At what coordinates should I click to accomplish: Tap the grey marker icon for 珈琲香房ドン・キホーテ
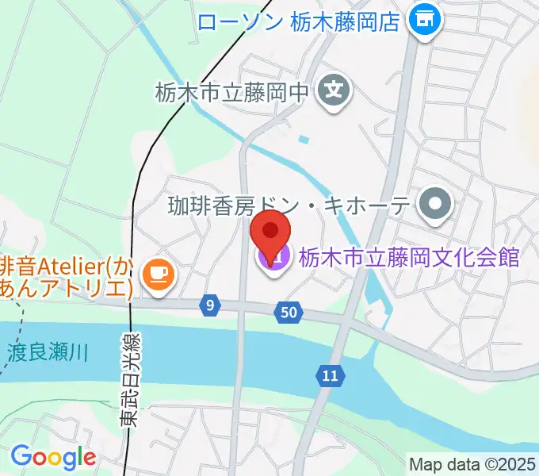click(x=435, y=206)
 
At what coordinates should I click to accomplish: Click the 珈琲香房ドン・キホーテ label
click(x=289, y=206)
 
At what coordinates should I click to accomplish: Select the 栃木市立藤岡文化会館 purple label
click(x=408, y=258)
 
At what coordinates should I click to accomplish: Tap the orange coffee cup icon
click(x=157, y=274)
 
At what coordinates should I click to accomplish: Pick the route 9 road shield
click(x=208, y=305)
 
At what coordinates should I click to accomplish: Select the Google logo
click(x=53, y=458)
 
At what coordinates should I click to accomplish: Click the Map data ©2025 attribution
click(x=472, y=463)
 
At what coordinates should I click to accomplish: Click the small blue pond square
click(x=304, y=140)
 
